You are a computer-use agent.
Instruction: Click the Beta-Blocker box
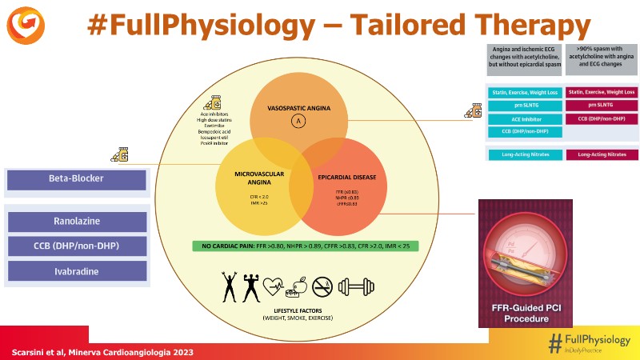click(76, 181)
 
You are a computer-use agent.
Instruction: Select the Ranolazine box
click(76, 222)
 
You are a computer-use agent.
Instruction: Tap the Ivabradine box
click(76, 270)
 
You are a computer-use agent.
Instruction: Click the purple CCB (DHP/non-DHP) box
click(76, 246)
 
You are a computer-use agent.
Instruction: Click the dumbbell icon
click(358, 286)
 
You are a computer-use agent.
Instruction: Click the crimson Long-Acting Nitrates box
click(602, 154)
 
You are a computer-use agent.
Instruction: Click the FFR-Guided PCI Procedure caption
click(525, 313)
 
